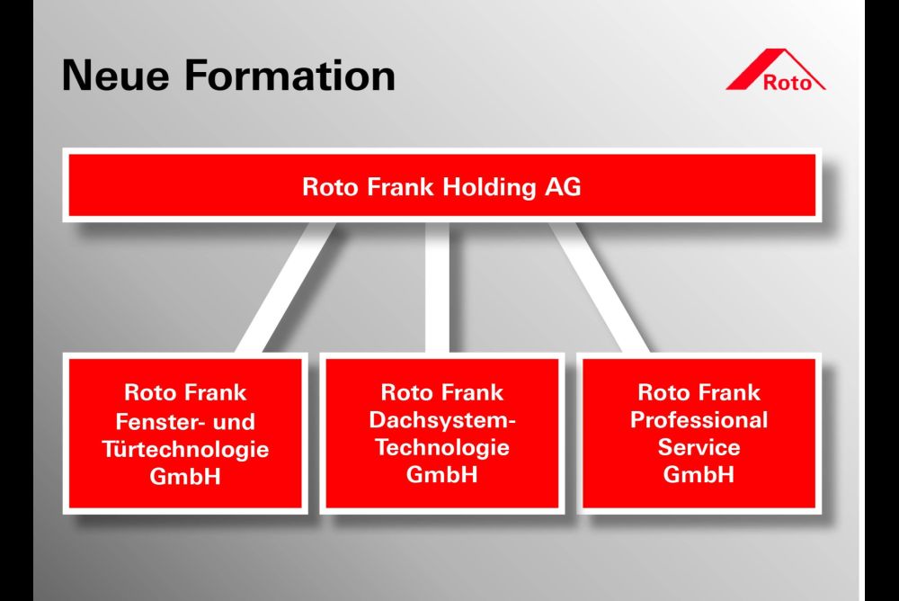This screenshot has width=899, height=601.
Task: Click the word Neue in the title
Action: point(115,76)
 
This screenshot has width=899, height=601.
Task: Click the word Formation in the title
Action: point(290,76)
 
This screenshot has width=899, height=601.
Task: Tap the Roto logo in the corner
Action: point(776,70)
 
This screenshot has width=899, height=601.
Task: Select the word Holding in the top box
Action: point(489,188)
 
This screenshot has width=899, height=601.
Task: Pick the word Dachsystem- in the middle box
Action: point(442,420)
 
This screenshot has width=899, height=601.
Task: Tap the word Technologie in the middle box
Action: point(442,447)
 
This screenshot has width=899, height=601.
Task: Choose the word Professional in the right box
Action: point(699,419)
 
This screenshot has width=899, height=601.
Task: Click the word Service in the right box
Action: point(699,447)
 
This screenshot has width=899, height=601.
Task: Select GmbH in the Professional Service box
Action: point(699,475)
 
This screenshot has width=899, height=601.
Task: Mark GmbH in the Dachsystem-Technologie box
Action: point(442,475)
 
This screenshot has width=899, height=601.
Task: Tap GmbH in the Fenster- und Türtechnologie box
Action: point(185,477)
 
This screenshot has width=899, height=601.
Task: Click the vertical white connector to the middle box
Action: point(437,287)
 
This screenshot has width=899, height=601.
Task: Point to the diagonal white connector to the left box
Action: point(285,287)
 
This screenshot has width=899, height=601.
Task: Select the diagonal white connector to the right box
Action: point(599,287)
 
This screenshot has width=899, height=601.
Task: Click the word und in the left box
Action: point(234,422)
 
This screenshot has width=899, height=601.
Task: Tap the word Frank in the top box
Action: point(400,187)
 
